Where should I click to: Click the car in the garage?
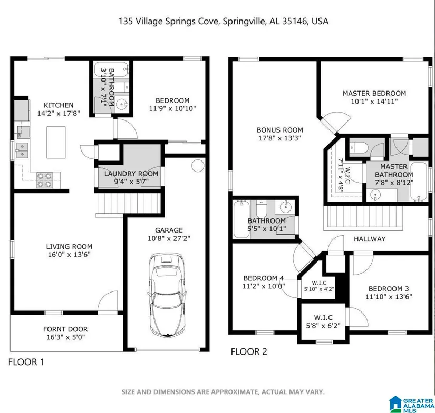pyautogui.click(x=167, y=294)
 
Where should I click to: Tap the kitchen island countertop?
pyautogui.click(x=56, y=142)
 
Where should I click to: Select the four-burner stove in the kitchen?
pyautogui.click(x=45, y=180)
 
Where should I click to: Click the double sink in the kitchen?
pyautogui.click(x=22, y=150)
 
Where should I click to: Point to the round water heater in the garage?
pyautogui.click(x=198, y=166)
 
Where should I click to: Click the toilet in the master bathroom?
pyautogui.click(x=359, y=147)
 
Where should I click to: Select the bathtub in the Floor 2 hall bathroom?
pyautogui.click(x=241, y=219)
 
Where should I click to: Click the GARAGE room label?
pyautogui.click(x=169, y=230)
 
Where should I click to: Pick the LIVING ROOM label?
pyautogui.click(x=69, y=247)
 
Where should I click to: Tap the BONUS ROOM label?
pyautogui.click(x=279, y=130)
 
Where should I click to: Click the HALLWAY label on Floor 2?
pyautogui.click(x=370, y=239)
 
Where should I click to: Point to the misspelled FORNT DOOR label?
pyautogui.click(x=65, y=329)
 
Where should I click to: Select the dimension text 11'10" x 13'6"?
pyautogui.click(x=389, y=297)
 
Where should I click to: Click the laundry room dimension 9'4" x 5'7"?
pyautogui.click(x=131, y=182)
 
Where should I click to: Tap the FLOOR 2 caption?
pyautogui.click(x=249, y=352)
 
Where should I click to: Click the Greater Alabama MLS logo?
pyautogui.click(x=411, y=405)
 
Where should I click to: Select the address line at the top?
pyautogui.click(x=224, y=22)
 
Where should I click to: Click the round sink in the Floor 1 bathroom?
pyautogui.click(x=121, y=104)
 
